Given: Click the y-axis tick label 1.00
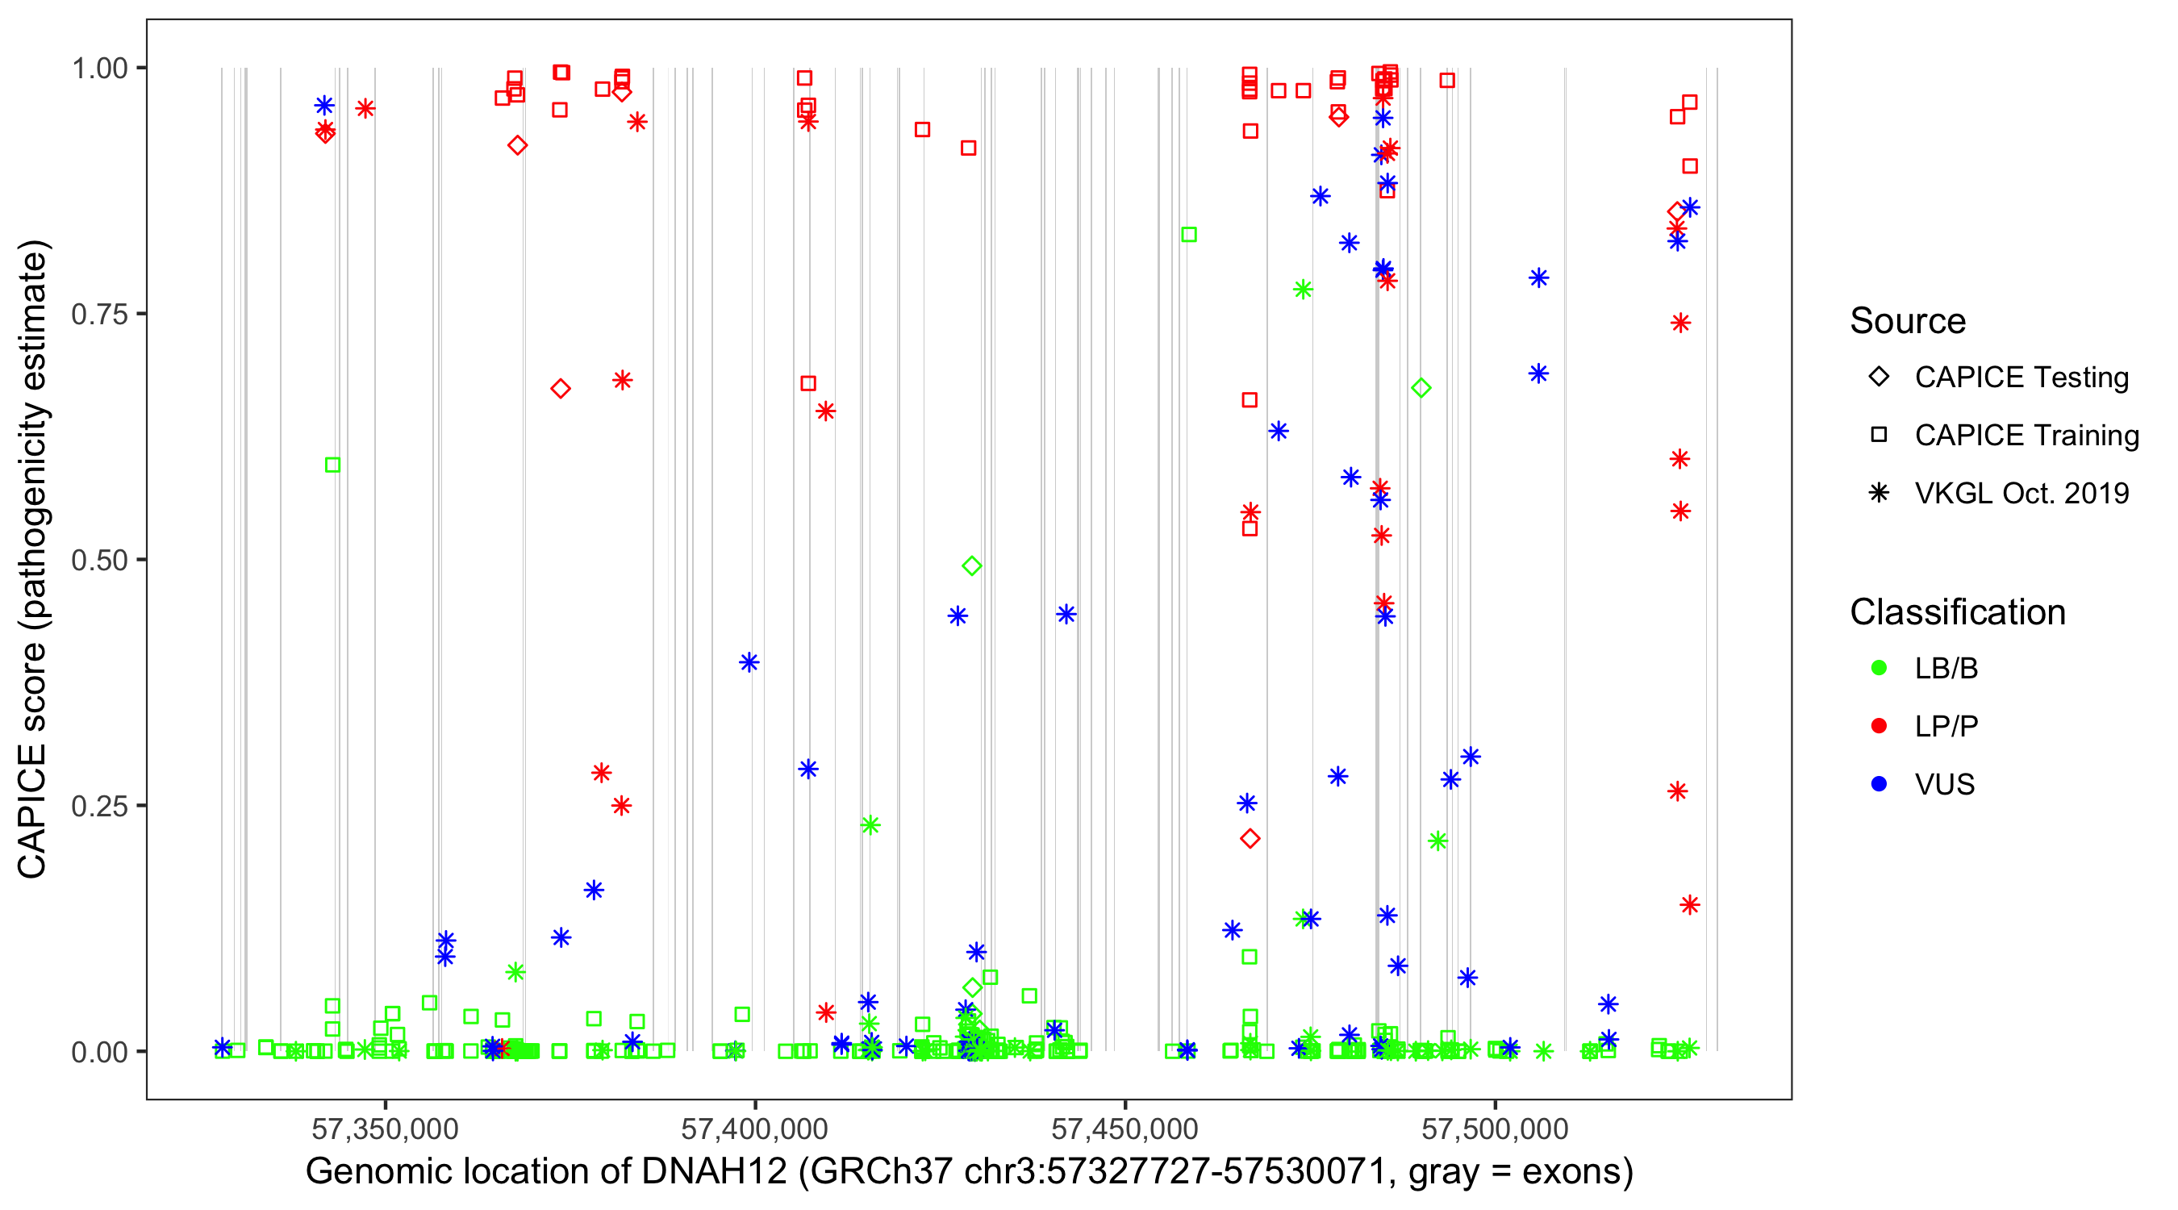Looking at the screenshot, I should [99, 69].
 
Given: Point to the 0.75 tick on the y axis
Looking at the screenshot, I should [99, 315].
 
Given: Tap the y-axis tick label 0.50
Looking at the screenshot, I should [99, 561].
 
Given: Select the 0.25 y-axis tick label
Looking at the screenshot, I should [99, 806].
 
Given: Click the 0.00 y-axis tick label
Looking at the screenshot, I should [99, 1052].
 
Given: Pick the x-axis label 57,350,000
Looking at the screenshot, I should [385, 1129].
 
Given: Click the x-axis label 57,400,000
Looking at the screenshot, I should [754, 1129].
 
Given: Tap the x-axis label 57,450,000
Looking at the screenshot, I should [1124, 1129].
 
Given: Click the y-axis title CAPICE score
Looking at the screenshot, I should [34, 560].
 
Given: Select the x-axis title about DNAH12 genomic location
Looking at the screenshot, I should [969, 1172].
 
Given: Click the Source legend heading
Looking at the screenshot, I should [1908, 321].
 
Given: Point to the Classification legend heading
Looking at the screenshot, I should [1957, 612].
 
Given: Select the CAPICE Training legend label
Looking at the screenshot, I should [2026, 436].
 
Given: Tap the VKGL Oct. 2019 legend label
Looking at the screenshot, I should [2022, 494].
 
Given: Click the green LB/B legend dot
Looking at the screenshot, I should [1879, 668].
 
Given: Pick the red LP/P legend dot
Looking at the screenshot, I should [1879, 726].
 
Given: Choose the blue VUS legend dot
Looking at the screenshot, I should [1879, 785].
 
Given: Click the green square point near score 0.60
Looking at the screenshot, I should [333, 465].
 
